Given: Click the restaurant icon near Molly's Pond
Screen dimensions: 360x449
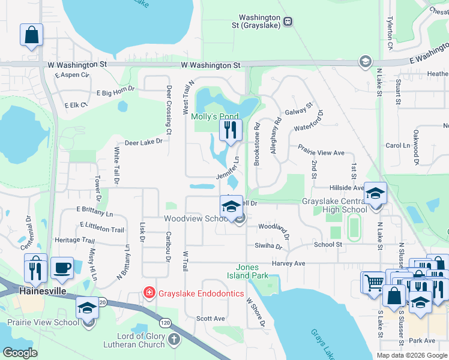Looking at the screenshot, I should tap(231, 130).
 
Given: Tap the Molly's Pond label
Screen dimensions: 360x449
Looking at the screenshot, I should tap(215, 116).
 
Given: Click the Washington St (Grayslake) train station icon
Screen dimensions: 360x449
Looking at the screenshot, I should tap(288, 22).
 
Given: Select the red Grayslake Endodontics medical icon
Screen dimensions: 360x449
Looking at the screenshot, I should tap(148, 293).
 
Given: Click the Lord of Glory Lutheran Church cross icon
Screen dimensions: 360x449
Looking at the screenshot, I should tap(173, 340).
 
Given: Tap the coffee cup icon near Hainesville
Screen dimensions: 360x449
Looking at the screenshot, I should tap(62, 267).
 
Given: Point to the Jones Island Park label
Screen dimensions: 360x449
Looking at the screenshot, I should tap(255, 272).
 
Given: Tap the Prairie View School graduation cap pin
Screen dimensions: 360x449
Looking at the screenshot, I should tap(88, 308).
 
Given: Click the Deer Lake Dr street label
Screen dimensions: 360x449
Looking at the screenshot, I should tap(143, 142).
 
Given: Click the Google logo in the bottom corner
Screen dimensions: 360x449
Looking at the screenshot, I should tap(20, 352).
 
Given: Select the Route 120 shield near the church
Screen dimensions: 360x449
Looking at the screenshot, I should tap(165, 322).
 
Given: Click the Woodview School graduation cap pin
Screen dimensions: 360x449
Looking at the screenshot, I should tap(231, 208).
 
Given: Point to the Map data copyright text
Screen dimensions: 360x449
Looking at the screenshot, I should tap(411, 355).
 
